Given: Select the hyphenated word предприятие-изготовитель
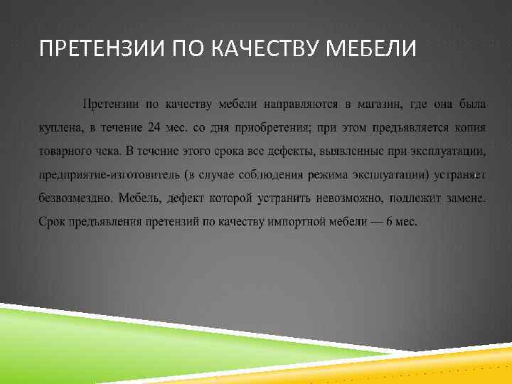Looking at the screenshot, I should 106,175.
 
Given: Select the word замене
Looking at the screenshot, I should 461,198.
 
